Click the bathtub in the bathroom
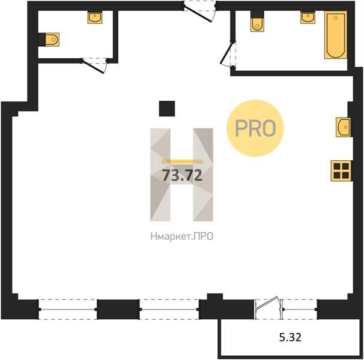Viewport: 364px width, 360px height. (336, 35)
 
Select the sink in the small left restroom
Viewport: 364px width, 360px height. (95, 18)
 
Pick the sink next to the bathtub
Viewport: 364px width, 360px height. (308, 18)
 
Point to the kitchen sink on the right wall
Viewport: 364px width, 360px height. (343, 127)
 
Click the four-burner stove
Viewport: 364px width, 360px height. (341, 171)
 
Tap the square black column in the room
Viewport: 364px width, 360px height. (167, 109)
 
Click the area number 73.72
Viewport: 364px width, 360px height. (182, 175)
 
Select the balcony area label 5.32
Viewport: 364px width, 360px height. (290, 337)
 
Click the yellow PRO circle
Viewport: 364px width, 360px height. (255, 128)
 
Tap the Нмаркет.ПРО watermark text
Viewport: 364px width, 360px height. (182, 236)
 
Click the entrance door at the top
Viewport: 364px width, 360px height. (199, 11)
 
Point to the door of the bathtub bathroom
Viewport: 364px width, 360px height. (228, 54)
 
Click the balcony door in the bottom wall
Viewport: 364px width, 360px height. (268, 308)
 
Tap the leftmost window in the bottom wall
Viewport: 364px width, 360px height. (67, 310)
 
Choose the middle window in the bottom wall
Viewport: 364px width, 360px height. (169, 310)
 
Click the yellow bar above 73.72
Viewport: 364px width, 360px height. (182, 161)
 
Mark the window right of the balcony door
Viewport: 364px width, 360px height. (300, 310)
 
